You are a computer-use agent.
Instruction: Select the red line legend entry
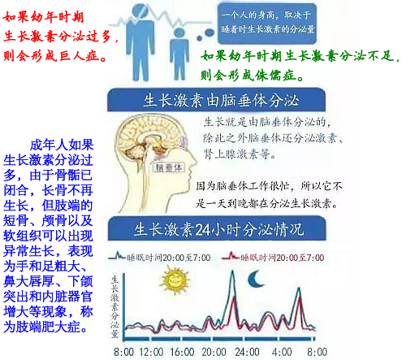coord(279,258)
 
